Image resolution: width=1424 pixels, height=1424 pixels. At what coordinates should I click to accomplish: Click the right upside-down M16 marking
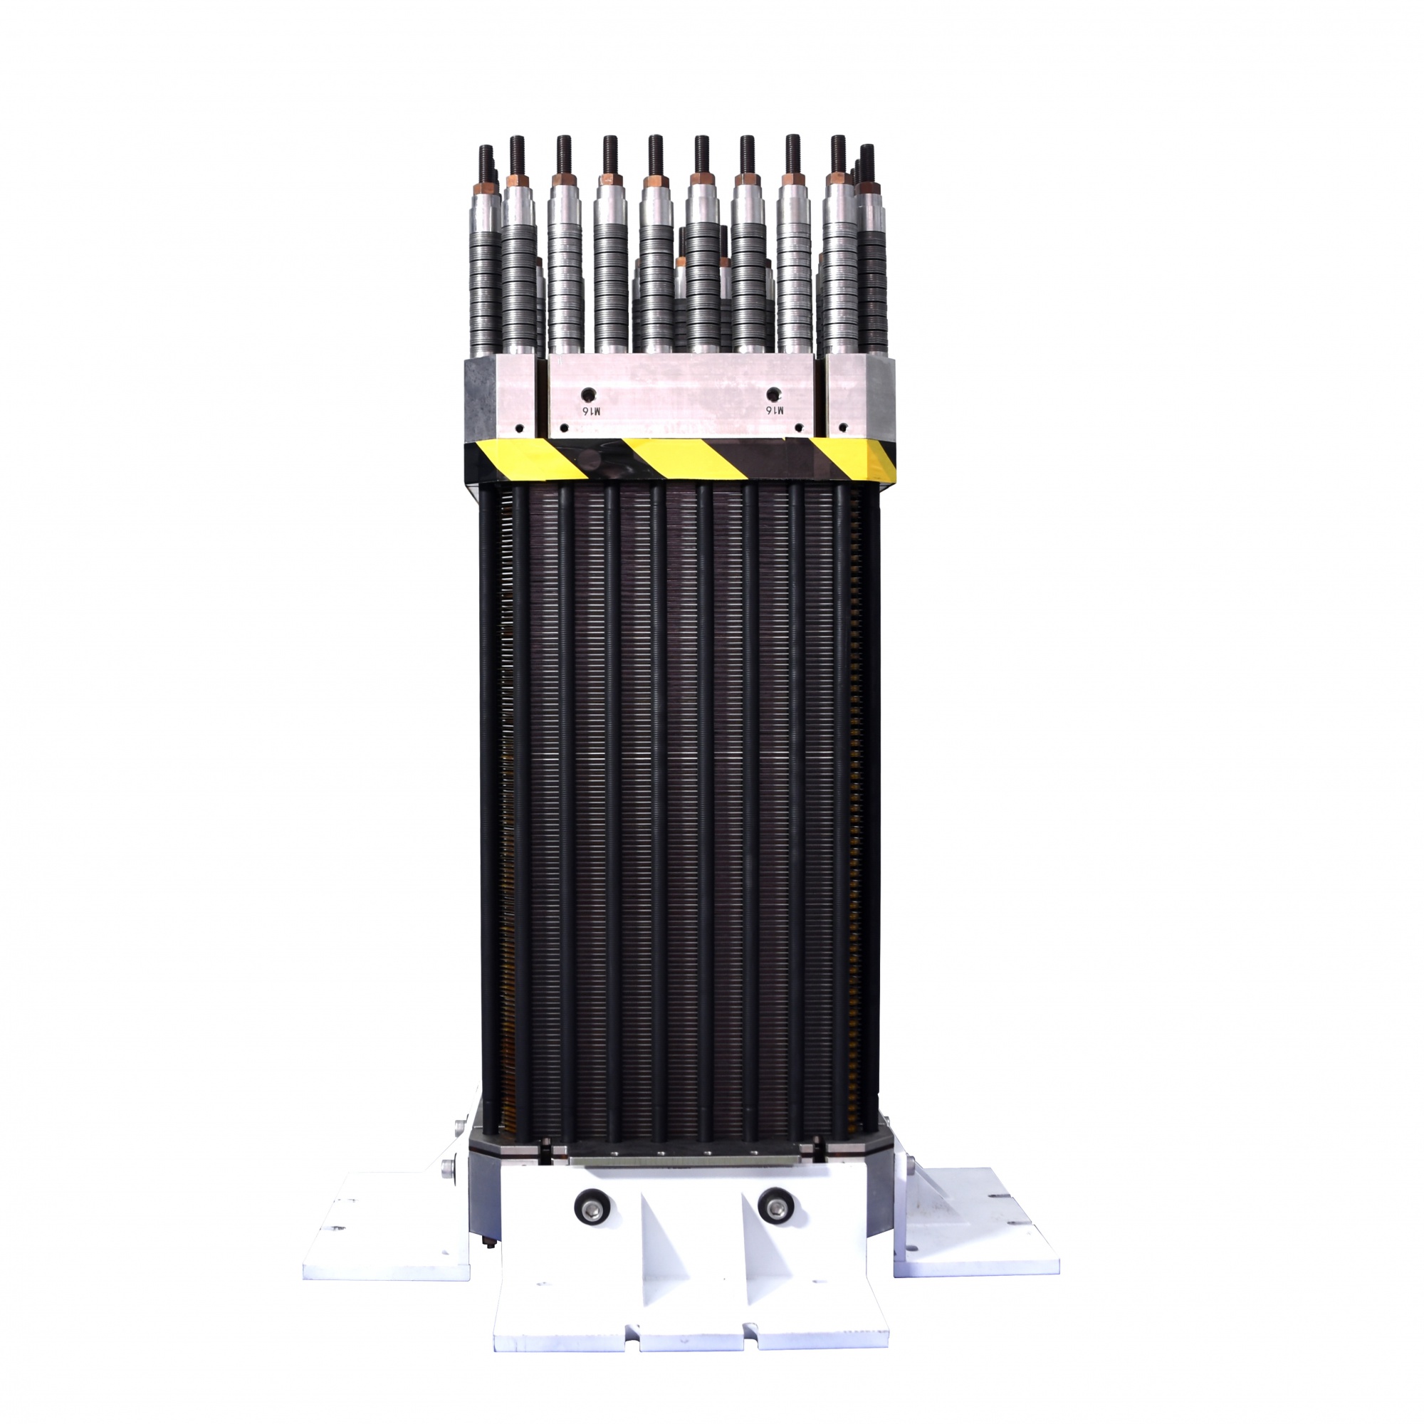point(775,409)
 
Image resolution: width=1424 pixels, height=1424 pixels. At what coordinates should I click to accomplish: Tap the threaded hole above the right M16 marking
point(773,392)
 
